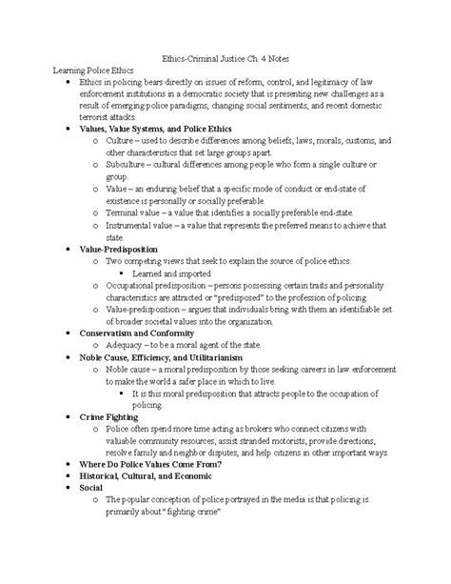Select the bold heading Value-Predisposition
click(118, 249)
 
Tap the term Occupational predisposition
click(160, 285)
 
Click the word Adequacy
click(128, 346)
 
